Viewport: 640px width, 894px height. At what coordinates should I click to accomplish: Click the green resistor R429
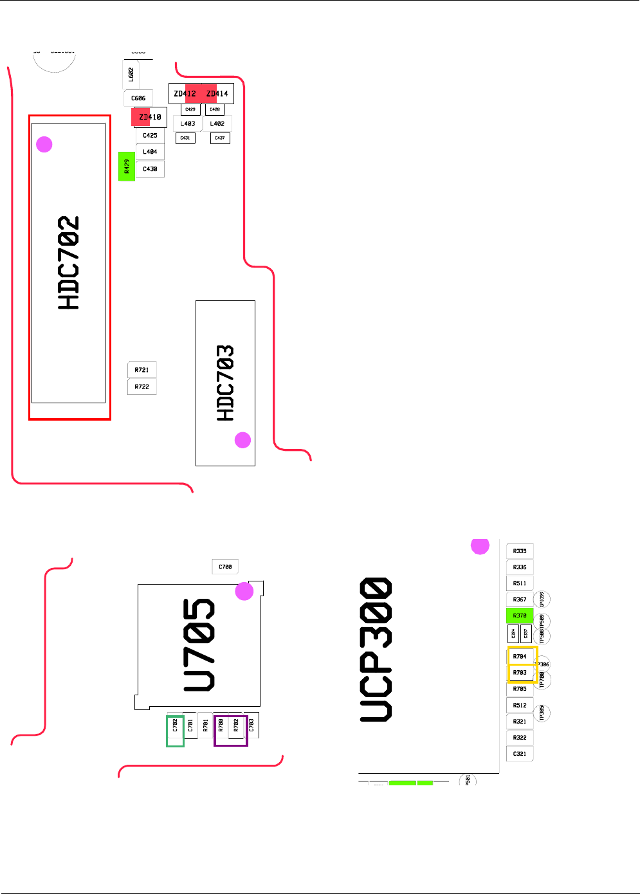click(x=127, y=167)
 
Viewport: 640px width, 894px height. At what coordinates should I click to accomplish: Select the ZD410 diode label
click(x=150, y=117)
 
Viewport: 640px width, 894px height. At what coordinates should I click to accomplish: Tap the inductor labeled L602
click(x=131, y=75)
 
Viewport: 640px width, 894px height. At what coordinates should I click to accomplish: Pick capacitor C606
click(x=138, y=98)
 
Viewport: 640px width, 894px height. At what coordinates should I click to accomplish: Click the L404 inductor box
click(x=150, y=152)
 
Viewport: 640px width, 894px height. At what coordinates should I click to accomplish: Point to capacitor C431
click(x=185, y=138)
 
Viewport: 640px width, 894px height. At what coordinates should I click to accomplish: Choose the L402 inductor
click(x=217, y=123)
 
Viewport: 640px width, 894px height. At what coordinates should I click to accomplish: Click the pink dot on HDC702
click(x=44, y=144)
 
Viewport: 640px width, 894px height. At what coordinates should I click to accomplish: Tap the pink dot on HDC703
click(x=242, y=440)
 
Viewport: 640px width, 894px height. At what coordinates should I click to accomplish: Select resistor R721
click(x=142, y=370)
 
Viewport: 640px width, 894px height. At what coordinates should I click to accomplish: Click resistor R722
click(x=142, y=387)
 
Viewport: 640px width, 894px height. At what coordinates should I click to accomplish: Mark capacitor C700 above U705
click(x=225, y=567)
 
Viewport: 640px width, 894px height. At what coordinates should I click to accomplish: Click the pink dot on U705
click(x=244, y=592)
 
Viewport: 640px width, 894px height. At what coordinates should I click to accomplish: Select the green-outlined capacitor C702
click(x=175, y=731)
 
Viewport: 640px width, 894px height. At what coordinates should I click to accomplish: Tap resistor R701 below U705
click(x=205, y=726)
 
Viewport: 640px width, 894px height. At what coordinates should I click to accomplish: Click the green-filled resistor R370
click(x=520, y=616)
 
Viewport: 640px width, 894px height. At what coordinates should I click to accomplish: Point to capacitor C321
click(x=520, y=754)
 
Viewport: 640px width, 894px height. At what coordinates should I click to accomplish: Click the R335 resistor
click(x=520, y=551)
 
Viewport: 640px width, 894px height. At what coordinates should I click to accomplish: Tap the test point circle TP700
click(x=543, y=680)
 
